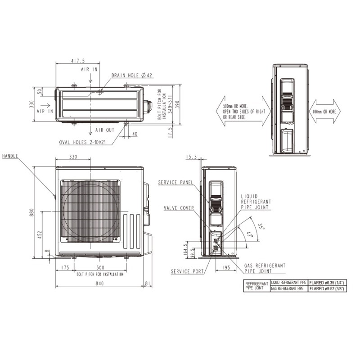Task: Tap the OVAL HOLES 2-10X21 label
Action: (84, 143)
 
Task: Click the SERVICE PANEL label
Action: (175, 182)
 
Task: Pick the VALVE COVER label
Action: (179, 208)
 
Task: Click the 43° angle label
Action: (250, 234)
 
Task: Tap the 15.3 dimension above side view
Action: (192, 157)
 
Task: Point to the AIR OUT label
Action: (104, 129)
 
